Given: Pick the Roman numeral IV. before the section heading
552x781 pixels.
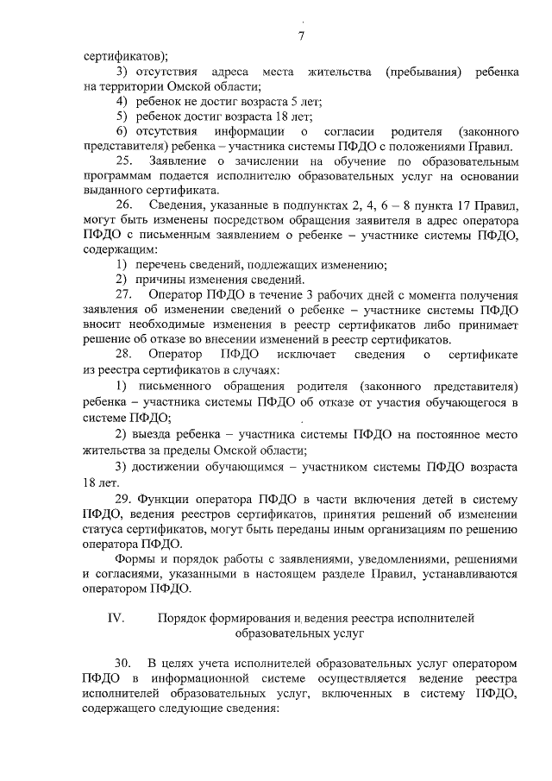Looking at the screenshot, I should tap(116, 618).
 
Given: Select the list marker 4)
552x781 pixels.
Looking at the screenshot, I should tap(122, 101).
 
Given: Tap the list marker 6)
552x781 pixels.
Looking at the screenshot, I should tap(122, 131).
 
